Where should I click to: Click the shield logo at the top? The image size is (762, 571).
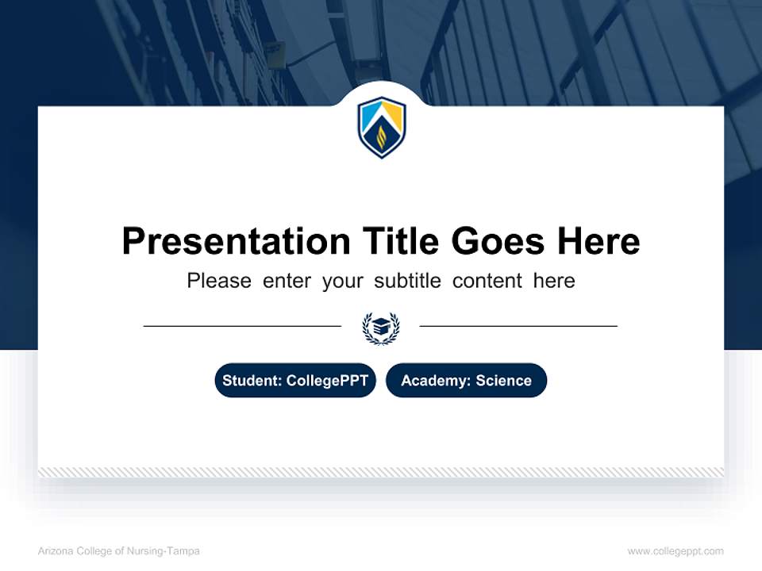tap(381, 128)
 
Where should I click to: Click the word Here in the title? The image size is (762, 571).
tap(598, 241)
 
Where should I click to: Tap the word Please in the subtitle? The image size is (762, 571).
tap(219, 281)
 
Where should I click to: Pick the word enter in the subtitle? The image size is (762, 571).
tap(287, 281)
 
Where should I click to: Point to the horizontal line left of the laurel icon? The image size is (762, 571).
tap(242, 325)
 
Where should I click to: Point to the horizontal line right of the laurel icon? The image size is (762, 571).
tap(518, 325)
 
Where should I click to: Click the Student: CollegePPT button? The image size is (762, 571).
tap(294, 381)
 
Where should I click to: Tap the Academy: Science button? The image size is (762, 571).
tap(466, 381)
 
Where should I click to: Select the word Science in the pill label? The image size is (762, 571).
tap(503, 381)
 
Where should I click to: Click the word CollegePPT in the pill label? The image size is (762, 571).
tap(327, 381)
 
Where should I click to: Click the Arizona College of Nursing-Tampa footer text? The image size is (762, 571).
tap(118, 551)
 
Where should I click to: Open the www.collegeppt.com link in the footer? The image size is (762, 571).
tap(675, 551)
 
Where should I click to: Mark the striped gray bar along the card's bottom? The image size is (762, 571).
tap(381, 472)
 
